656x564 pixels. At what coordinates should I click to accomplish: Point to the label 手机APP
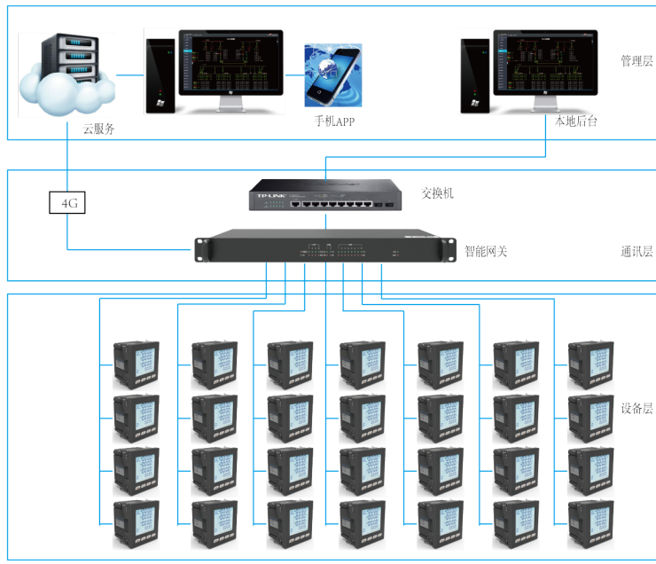(334, 121)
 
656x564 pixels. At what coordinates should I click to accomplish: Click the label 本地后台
(575, 121)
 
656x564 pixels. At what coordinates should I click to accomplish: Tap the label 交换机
(438, 192)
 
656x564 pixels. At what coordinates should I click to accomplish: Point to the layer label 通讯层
(636, 251)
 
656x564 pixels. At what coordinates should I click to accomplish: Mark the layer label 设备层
(636, 409)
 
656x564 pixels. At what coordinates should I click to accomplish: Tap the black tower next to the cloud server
(160, 75)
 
